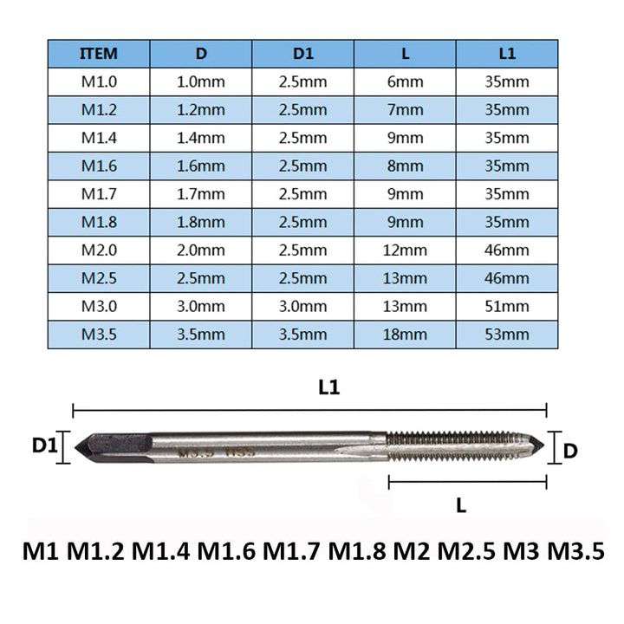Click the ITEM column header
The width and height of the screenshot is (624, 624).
[98, 53]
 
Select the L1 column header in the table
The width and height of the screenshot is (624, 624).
[507, 53]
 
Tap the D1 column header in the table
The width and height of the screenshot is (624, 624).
[302, 53]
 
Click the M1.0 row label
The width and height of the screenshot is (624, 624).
[98, 81]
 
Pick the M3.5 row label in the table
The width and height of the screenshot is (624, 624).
[98, 335]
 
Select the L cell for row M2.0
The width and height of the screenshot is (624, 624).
[405, 250]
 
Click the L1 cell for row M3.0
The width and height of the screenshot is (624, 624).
[507, 307]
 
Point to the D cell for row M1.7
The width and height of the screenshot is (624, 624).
[200, 194]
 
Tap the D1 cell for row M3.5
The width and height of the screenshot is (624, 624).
[302, 335]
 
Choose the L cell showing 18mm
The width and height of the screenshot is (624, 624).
[405, 335]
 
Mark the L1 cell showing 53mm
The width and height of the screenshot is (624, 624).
[507, 335]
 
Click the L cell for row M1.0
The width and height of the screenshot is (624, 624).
[405, 81]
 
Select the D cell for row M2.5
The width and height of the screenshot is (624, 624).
[200, 278]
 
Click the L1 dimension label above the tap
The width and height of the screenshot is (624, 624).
[328, 389]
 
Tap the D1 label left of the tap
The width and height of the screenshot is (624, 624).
[45, 445]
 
